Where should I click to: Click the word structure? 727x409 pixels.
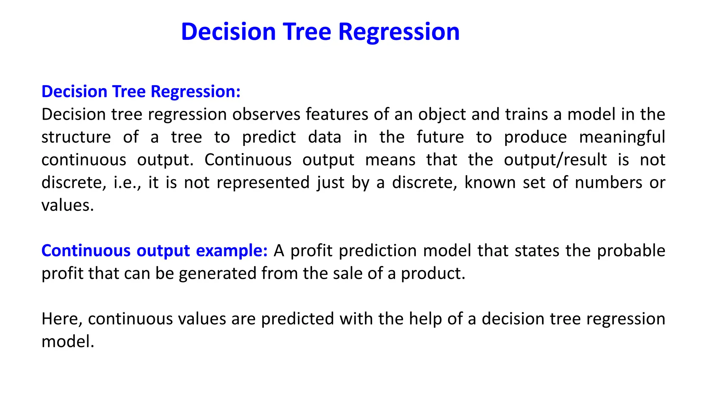point(76,137)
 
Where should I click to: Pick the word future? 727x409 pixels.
point(440,137)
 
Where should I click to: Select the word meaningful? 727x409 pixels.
point(622,137)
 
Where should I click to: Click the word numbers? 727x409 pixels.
point(608,183)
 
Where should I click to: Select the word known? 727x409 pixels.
point(490,183)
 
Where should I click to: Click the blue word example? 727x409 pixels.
point(231,251)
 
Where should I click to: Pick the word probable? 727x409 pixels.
point(631,251)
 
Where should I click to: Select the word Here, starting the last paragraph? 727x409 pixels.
point(62,319)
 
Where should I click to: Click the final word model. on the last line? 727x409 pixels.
point(68,342)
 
